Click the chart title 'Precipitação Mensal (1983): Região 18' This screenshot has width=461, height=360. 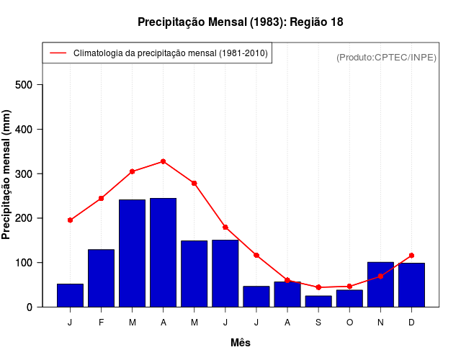tap(240, 22)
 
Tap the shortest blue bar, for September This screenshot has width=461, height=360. tap(318, 301)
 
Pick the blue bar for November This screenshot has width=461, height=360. tap(380, 284)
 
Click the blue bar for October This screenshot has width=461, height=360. tap(349, 298)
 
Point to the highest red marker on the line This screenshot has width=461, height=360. tap(164, 161)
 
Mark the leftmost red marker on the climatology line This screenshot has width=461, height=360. tap(70, 220)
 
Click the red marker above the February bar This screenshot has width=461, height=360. tap(101, 198)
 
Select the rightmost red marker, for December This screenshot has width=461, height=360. tap(411, 256)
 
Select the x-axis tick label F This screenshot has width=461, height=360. tap(101, 323)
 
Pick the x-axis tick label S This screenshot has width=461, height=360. tap(318, 323)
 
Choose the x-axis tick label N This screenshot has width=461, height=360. tap(380, 323)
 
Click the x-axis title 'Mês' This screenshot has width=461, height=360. tap(241, 343)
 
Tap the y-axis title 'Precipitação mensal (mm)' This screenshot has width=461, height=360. tap(7, 180)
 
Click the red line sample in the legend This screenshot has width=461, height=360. tap(58, 53)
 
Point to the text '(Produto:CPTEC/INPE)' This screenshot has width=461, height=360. tap(386, 57)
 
